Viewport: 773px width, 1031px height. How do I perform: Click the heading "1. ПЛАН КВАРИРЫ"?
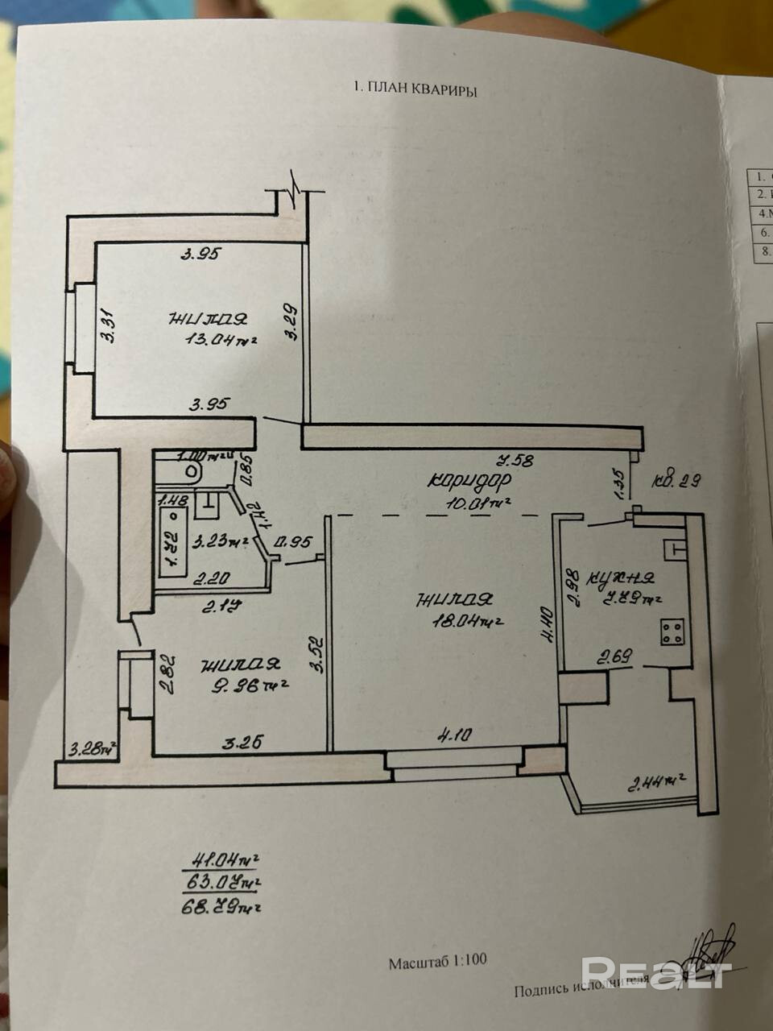click(415, 91)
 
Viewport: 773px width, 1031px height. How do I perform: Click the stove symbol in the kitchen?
click(673, 631)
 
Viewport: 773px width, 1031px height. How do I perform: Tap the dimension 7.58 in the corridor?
click(516, 461)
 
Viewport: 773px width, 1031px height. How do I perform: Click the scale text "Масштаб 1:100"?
click(437, 961)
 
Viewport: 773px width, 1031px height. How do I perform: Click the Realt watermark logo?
click(655, 972)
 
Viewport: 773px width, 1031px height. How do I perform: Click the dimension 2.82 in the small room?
click(164, 674)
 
